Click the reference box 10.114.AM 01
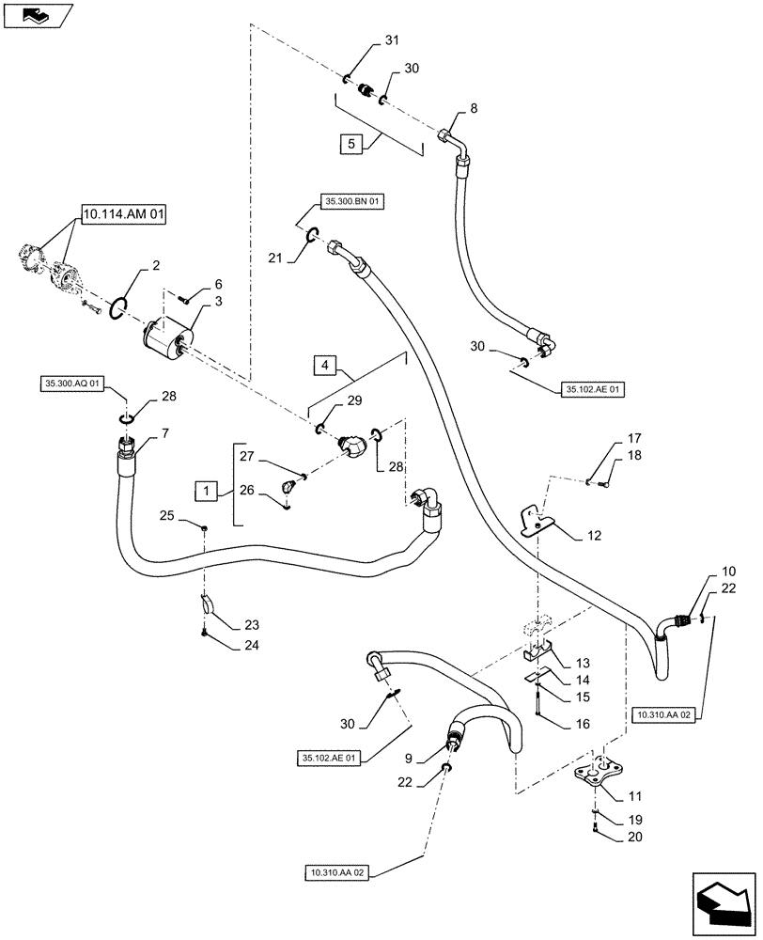(123, 215)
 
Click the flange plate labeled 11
(599, 775)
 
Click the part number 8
(474, 108)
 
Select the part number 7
(165, 432)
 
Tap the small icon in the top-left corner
(37, 14)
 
